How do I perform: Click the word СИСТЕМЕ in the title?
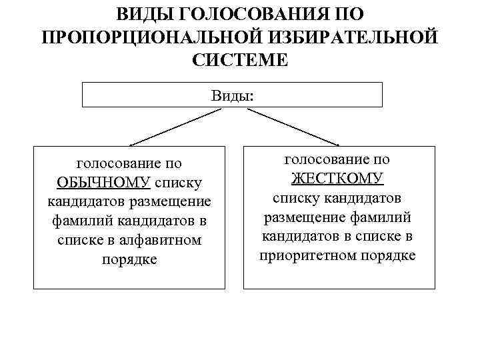240,60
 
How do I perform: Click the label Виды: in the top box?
232,95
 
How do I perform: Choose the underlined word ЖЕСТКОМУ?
337,179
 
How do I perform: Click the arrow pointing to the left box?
175,127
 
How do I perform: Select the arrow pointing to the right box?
293,127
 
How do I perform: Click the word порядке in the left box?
129,259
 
